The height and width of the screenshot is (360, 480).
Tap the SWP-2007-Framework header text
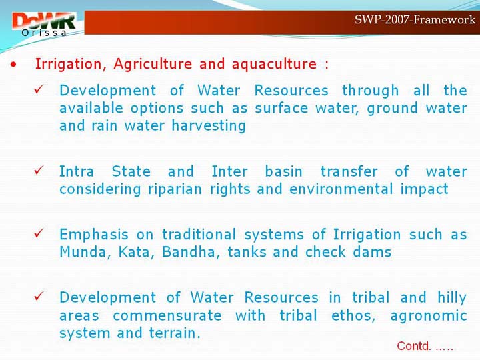(415, 19)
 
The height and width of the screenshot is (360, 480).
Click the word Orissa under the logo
(44, 33)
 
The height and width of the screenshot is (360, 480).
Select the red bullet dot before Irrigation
(13, 65)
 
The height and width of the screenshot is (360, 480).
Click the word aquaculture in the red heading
(274, 64)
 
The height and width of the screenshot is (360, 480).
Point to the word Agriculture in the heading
(153, 64)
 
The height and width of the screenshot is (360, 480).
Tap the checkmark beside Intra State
(39, 170)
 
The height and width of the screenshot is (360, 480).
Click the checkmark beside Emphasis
(39, 233)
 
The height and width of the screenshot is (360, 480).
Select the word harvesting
(209, 126)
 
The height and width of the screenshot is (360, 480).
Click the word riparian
(175, 189)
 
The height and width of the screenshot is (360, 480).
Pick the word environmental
(341, 189)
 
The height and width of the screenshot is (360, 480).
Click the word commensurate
(167, 315)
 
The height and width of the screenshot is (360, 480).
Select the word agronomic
(429, 316)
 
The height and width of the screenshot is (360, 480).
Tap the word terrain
(175, 333)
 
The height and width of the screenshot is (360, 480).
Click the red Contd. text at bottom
(425, 346)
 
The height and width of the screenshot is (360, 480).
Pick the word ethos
(353, 315)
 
